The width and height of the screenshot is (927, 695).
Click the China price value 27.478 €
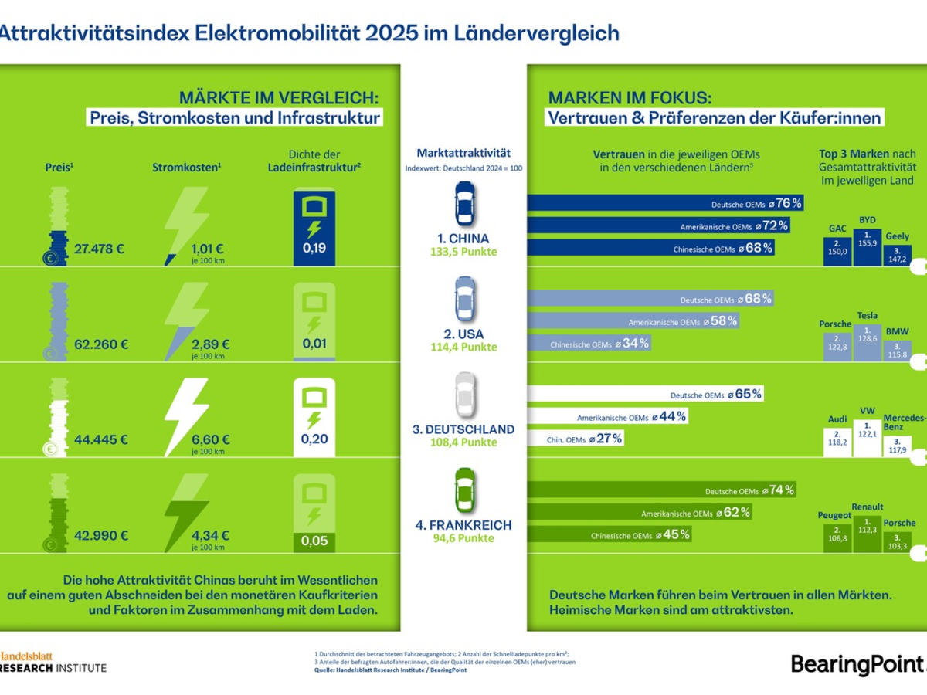tap(100, 249)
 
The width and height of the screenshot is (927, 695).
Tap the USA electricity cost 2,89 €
tap(211, 344)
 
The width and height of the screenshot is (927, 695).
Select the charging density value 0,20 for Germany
tap(314, 439)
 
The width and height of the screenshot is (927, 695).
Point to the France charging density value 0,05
tap(314, 541)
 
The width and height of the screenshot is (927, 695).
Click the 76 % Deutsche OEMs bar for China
tap(665, 203)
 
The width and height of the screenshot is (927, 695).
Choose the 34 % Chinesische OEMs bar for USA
tap(588, 343)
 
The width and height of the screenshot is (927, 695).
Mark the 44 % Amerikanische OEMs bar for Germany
tap(607, 417)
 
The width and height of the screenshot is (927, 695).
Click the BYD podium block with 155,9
tap(868, 246)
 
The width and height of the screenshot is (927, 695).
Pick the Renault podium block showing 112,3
tap(868, 533)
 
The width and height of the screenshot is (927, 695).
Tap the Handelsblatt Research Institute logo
tap(53, 660)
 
